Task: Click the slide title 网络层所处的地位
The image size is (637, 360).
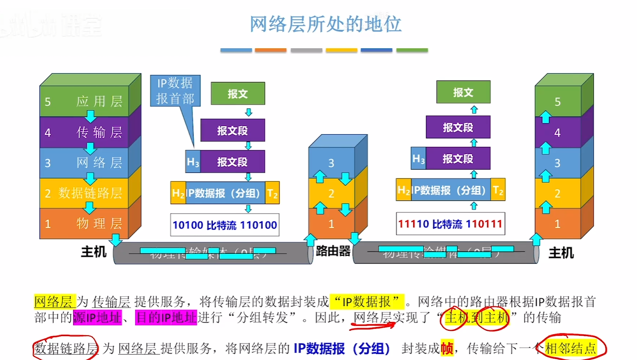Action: click(x=325, y=24)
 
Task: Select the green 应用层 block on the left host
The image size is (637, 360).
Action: click(x=85, y=102)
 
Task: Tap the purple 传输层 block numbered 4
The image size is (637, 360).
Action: click(x=85, y=133)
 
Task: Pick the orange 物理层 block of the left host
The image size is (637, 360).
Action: click(x=85, y=224)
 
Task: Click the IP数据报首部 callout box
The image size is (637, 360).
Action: click(x=175, y=91)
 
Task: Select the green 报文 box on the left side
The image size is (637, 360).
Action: click(x=237, y=94)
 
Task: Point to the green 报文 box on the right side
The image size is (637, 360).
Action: click(x=463, y=92)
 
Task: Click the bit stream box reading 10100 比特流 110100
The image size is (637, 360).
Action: click(x=225, y=225)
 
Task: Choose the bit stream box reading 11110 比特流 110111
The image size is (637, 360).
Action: click(x=450, y=224)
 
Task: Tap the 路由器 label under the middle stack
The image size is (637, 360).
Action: click(x=333, y=251)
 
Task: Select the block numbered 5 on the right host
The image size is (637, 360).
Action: click(x=557, y=102)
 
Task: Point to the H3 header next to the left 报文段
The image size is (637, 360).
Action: click(x=193, y=162)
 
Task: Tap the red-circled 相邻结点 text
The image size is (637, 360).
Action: click(x=571, y=349)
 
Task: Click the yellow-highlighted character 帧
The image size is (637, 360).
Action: click(x=446, y=349)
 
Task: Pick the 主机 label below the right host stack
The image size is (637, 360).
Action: click(x=561, y=253)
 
